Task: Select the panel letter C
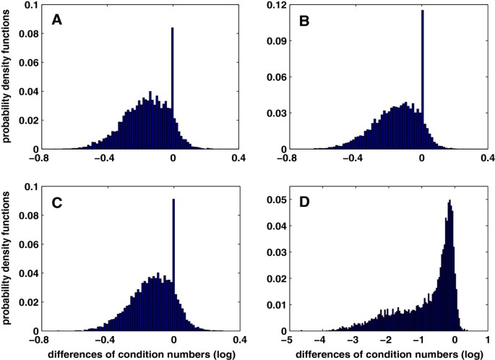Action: click(56, 204)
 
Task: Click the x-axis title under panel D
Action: click(387, 353)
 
